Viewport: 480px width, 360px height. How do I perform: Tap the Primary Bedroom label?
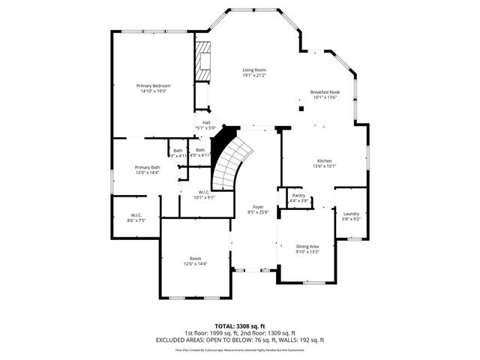coord(153,85)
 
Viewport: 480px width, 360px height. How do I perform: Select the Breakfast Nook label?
coord(325,91)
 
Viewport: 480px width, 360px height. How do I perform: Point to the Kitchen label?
coord(324,161)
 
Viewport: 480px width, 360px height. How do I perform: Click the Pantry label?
coord(298,195)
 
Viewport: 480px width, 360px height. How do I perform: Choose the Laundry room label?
coord(351,214)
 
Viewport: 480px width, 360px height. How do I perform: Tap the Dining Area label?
coord(308,246)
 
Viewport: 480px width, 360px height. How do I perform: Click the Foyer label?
coord(257,207)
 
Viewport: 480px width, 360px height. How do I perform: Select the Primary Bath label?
coord(147,167)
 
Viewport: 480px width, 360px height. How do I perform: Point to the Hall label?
coord(205,122)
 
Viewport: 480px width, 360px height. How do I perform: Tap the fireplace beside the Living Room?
coord(203,62)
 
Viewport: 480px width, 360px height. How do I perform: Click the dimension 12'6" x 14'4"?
coord(196,264)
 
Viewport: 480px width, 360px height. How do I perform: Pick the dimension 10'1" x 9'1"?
coord(204,197)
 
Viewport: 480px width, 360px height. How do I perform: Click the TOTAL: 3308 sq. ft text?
coord(239,326)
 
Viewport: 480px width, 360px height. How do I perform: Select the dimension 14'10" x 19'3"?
coord(153,91)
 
